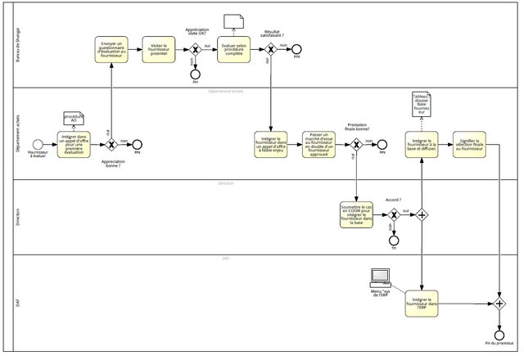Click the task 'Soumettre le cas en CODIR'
pos(356,215)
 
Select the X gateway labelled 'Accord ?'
pos(394,215)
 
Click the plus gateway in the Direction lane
pos(422,215)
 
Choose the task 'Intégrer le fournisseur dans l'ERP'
pos(422,303)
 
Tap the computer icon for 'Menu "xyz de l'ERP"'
pos(380,277)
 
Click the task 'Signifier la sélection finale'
pos(468,143)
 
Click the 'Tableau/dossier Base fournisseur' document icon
pos(422,105)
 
